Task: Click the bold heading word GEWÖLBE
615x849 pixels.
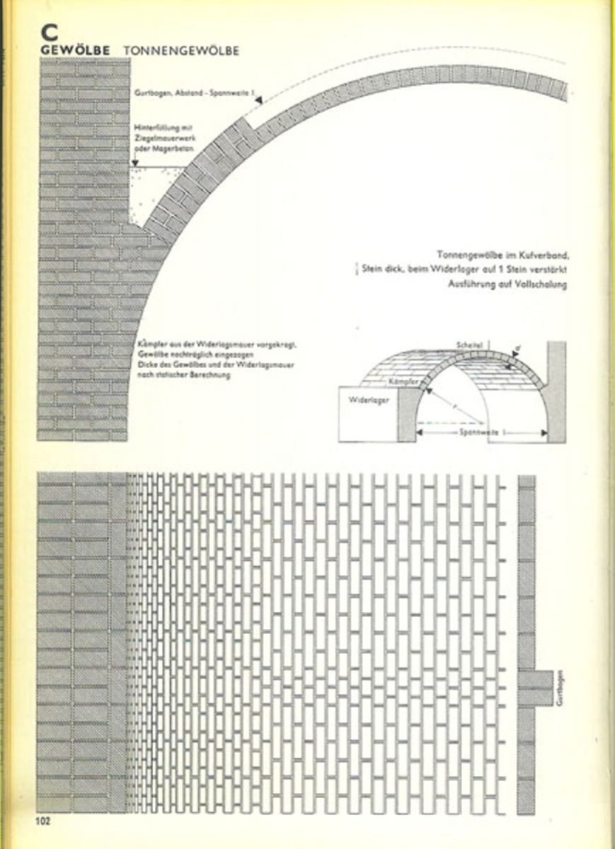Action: (75, 51)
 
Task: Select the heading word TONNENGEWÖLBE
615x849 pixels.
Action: (181, 51)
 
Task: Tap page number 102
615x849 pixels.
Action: (45, 821)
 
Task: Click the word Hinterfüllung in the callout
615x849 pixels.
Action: (156, 128)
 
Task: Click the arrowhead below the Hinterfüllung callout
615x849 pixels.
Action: (134, 163)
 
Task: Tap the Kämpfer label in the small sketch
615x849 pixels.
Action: (402, 382)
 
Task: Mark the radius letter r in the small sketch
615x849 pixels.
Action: (453, 405)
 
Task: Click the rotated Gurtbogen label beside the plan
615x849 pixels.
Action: (562, 688)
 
